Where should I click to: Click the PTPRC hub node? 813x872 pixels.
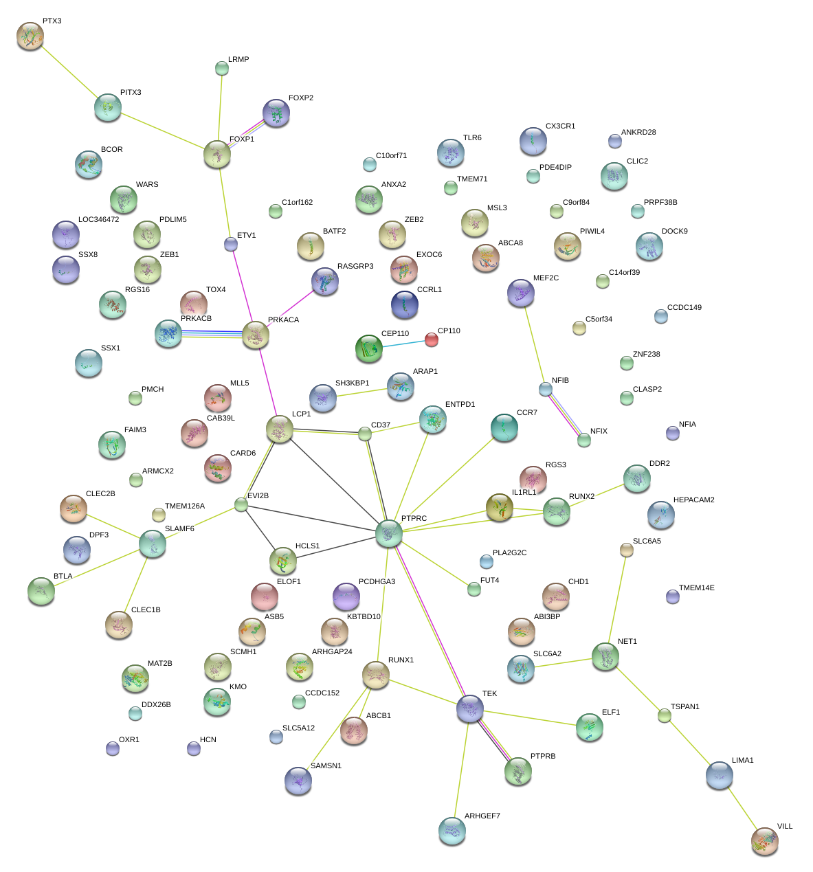388,533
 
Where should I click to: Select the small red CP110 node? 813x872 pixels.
431,339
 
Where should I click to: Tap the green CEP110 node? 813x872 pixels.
369,348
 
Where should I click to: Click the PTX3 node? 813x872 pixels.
30,36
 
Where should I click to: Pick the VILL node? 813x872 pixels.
764,841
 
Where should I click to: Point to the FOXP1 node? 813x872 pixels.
217,155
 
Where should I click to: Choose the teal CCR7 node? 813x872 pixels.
504,427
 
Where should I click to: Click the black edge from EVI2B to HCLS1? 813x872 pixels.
260,531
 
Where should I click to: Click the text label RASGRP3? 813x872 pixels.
355,266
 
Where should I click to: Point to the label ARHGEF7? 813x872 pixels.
482,816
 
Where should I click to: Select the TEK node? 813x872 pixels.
470,709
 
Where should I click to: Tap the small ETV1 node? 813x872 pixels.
231,244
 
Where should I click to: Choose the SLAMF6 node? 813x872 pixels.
152,544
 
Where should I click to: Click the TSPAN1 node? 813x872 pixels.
664,716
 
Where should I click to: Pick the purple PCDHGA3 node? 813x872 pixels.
346,596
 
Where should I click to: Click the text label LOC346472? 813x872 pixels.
98,219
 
